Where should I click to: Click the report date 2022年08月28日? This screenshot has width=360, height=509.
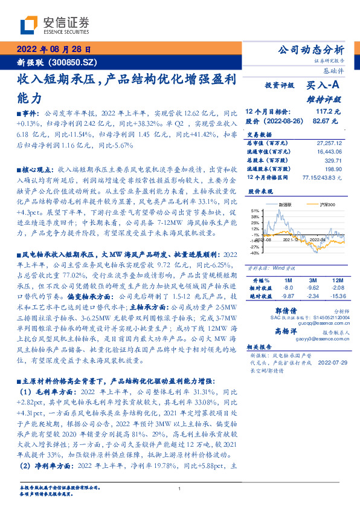pyautogui.click(x=54, y=50)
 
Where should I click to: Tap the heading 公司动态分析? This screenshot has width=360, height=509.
pyautogui.click(x=309, y=50)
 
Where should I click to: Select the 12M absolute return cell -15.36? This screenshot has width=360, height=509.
pyautogui.click(x=339, y=297)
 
